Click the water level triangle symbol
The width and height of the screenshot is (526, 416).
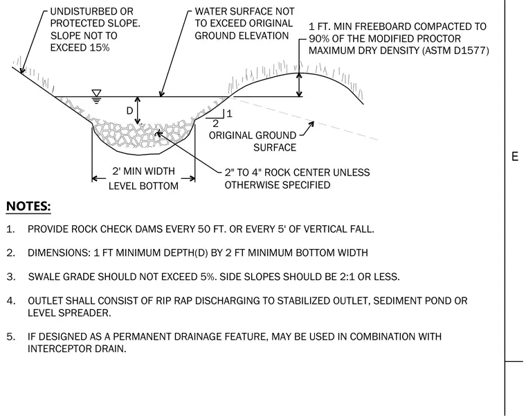coord(96,93)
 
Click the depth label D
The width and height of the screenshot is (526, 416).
coord(129,110)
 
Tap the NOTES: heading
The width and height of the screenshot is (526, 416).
coord(28,206)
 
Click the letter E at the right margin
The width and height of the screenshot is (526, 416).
coord(515,157)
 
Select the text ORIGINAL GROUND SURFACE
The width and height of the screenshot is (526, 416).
coord(253,141)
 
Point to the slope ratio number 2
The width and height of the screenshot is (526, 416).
coord(215,123)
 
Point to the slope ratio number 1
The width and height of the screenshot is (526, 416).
coord(230,114)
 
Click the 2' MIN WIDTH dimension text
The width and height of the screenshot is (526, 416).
coord(143,171)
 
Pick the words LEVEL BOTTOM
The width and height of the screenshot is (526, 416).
coord(143,186)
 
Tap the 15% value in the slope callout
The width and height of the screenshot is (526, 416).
coord(100,48)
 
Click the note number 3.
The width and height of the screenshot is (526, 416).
coord(10,277)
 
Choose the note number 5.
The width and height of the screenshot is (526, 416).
coord(10,336)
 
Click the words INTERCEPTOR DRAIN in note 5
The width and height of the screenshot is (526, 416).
coord(77,349)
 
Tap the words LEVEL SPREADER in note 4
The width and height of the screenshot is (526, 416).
coord(69,313)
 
